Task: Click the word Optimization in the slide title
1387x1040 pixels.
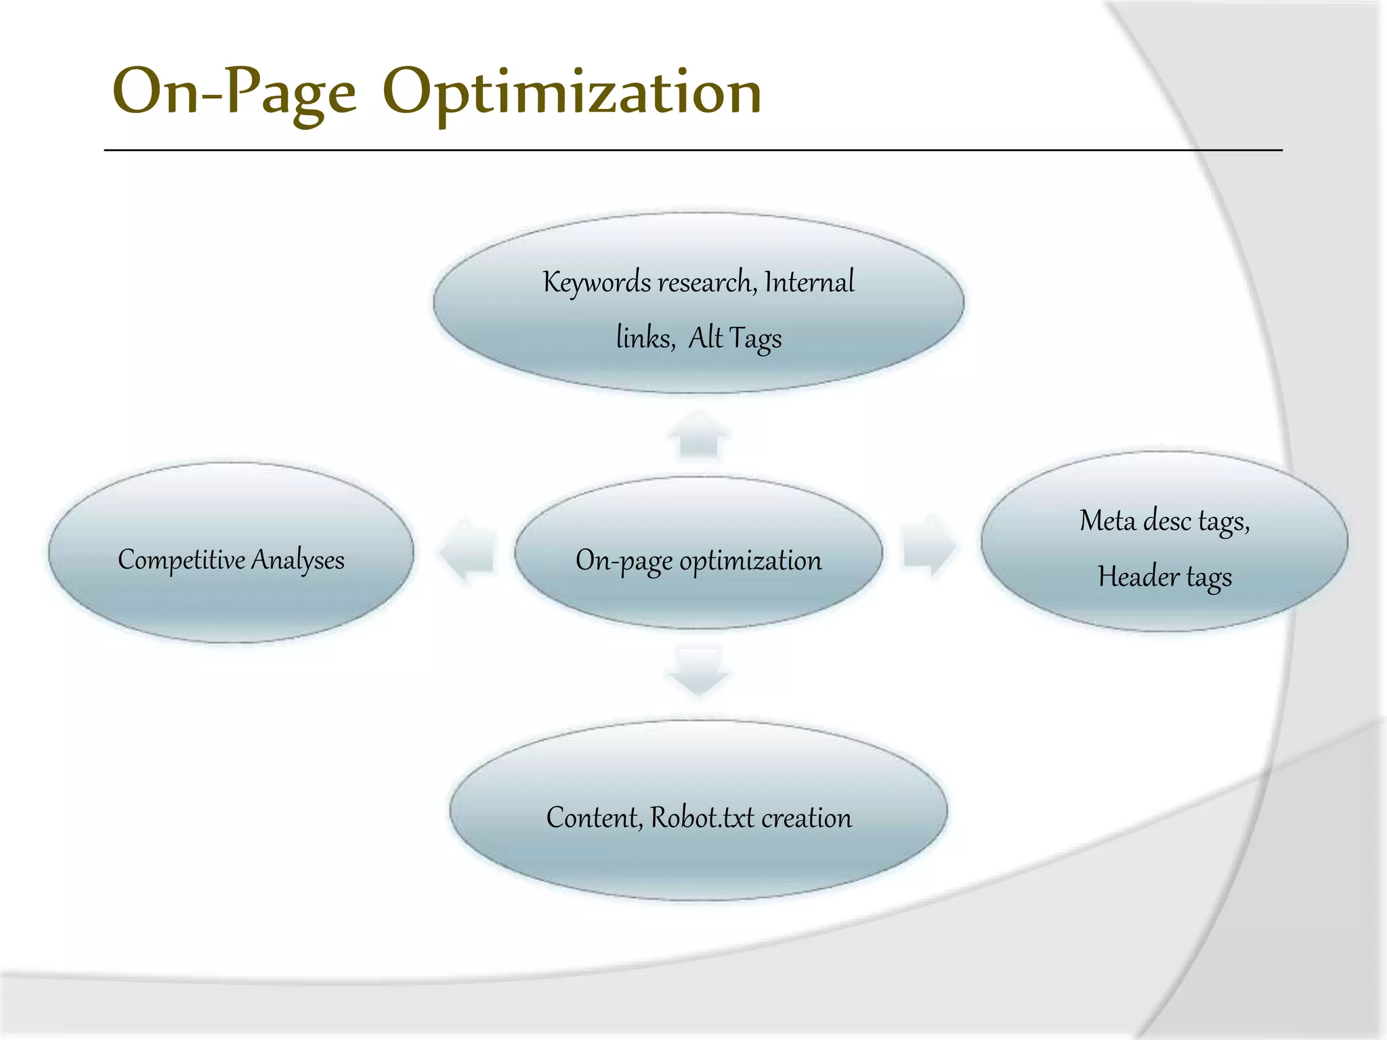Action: point(572,93)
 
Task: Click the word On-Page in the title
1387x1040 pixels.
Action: point(234,93)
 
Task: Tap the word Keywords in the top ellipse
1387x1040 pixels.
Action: point(597,282)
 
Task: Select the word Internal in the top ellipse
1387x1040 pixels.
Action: point(809,282)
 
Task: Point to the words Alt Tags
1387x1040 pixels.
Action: point(735,338)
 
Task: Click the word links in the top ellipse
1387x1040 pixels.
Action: point(644,337)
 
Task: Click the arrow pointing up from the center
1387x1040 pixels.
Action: point(699,436)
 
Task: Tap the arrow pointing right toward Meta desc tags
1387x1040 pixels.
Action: point(929,546)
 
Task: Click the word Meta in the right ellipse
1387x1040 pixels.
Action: point(1107,521)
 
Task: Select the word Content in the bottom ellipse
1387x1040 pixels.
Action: point(593,818)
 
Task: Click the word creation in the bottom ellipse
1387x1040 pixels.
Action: point(807,818)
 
